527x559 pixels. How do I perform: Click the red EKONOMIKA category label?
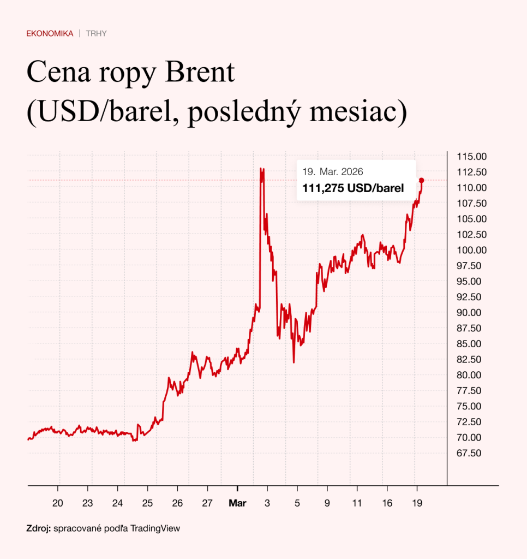pos(50,33)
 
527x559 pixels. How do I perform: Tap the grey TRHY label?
pos(96,33)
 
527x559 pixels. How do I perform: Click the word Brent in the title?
pos(201,74)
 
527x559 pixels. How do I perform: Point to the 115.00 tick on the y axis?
pos(470,157)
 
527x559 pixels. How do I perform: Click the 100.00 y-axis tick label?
pos(470,250)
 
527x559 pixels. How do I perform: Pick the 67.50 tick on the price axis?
pos(469,453)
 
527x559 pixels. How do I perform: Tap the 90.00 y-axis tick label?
pos(469,312)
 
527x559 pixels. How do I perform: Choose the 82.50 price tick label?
pos(469,359)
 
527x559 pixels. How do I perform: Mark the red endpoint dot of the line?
pos(421,180)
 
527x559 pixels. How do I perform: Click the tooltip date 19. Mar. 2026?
pos(333,171)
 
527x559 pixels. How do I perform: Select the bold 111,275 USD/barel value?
pos(353,189)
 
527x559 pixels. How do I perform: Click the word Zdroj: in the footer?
pos(38,528)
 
